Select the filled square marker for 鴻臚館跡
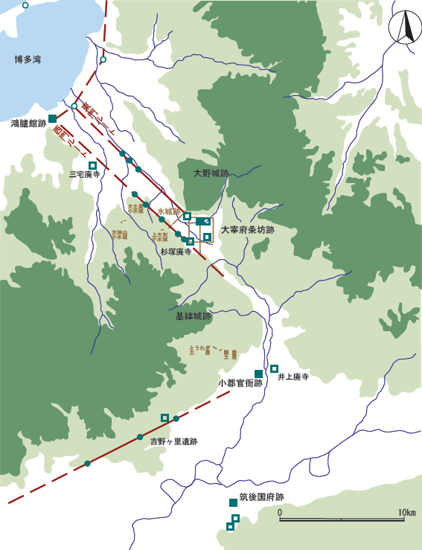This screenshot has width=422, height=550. click(x=53, y=118)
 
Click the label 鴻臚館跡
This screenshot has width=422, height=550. click(x=28, y=123)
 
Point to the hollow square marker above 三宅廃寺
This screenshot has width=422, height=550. click(x=93, y=165)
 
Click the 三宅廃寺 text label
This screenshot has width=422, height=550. click(x=84, y=175)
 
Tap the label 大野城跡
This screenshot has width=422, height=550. click(x=211, y=173)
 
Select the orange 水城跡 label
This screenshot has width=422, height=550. click(x=170, y=212)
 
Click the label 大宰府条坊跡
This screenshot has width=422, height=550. click(x=247, y=231)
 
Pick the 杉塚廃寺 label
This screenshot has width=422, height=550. click(x=176, y=252)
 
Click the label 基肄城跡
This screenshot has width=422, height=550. click(x=194, y=316)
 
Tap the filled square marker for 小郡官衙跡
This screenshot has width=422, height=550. click(x=258, y=373)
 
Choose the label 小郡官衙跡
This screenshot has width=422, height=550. click(x=240, y=383)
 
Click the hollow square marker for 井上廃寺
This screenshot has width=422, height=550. click(x=274, y=368)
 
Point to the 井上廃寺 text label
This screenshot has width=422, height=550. click(x=292, y=378)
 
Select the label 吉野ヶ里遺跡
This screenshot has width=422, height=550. click(x=173, y=441)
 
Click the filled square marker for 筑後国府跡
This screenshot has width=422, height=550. click(x=233, y=502)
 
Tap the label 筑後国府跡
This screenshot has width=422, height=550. click(x=262, y=497)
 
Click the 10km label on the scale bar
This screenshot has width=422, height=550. click(x=406, y=513)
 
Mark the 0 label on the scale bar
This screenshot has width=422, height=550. click(x=280, y=513)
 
